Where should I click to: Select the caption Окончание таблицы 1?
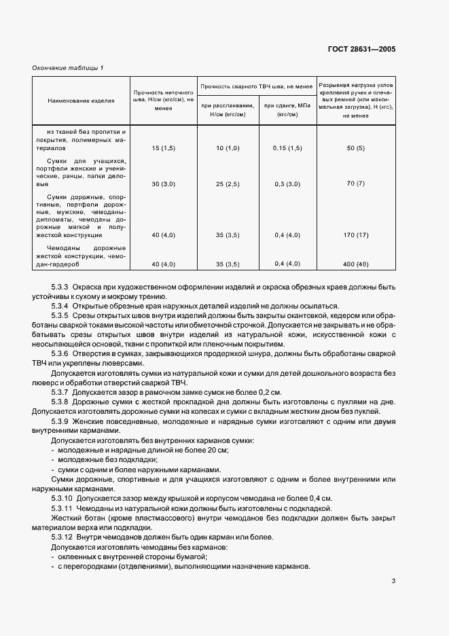pos(68,67)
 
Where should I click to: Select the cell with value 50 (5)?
pos(355,147)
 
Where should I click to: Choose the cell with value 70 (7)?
pos(355,184)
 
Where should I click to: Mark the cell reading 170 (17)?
pos(355,234)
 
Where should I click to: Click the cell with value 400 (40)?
pos(355,264)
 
